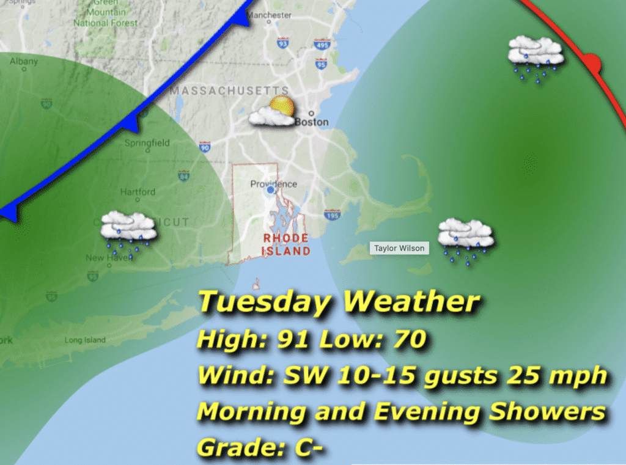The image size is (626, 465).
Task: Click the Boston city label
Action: point(312,122)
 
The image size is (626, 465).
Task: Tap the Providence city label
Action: point(273,184)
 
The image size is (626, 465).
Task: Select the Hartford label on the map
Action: point(138,192)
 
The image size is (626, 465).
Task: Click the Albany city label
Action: point(24,61)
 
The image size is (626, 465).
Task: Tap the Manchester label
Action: point(269,15)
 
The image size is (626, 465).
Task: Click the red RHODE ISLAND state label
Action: point(286,244)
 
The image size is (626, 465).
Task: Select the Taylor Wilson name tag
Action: point(399,249)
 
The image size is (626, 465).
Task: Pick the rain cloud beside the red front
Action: point(536,55)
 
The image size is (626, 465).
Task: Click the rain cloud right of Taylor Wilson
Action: point(466,237)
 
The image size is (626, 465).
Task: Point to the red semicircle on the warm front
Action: point(592,62)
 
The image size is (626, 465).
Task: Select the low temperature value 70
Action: point(405,340)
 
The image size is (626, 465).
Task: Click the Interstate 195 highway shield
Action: point(333,215)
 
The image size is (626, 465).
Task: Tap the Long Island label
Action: point(85,340)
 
